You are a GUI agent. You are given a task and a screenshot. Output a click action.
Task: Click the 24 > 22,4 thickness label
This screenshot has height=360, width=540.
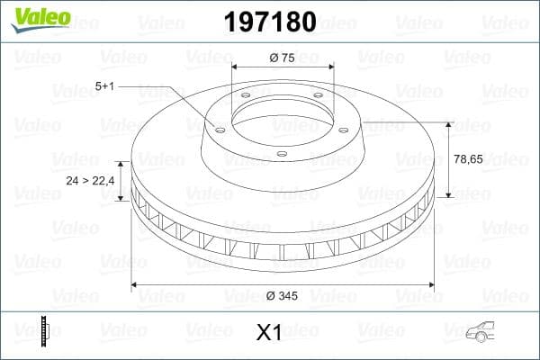pyautogui.click(x=90, y=181)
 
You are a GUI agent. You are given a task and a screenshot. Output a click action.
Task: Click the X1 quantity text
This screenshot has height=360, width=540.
pyautogui.click(x=269, y=333)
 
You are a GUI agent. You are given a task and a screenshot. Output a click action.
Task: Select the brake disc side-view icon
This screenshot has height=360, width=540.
pyautogui.click(x=45, y=331)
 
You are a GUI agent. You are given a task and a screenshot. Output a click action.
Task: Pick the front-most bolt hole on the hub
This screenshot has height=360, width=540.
pyautogui.click(x=282, y=154)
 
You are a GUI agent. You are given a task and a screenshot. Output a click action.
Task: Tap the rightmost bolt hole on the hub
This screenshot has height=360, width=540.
pyautogui.click(x=335, y=125)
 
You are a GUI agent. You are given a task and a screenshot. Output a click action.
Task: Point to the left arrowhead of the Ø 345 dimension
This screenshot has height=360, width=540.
pyautogui.click(x=136, y=285)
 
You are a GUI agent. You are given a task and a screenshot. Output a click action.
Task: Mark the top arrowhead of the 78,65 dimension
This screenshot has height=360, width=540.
pyautogui.click(x=449, y=124)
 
